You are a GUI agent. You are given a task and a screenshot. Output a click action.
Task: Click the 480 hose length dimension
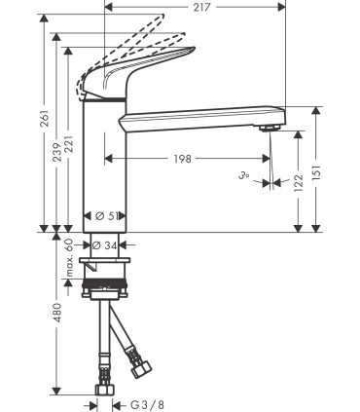point(56,313)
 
